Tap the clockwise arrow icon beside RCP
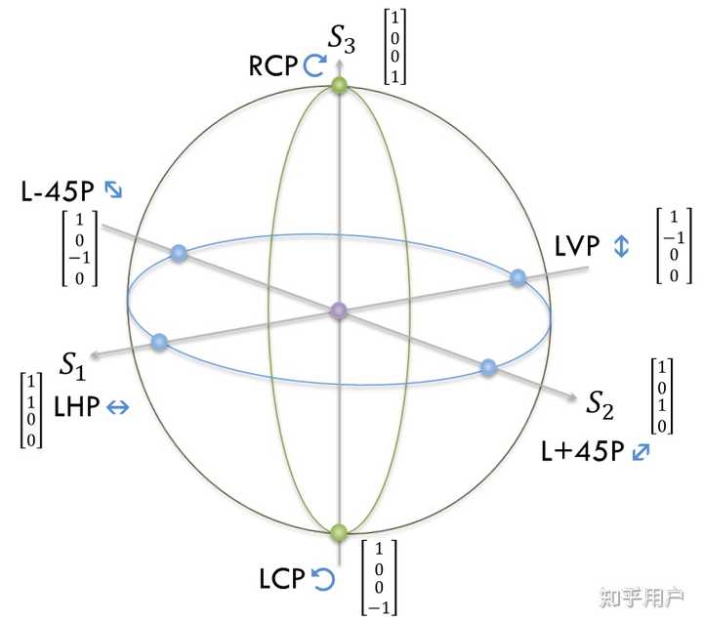314,64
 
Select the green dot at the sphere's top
339,87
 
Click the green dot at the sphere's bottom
339,532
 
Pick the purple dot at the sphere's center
339,311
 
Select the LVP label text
576,246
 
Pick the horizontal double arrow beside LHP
117,409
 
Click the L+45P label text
583,452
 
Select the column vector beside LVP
673,245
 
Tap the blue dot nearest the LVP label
518,277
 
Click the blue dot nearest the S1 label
159,342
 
